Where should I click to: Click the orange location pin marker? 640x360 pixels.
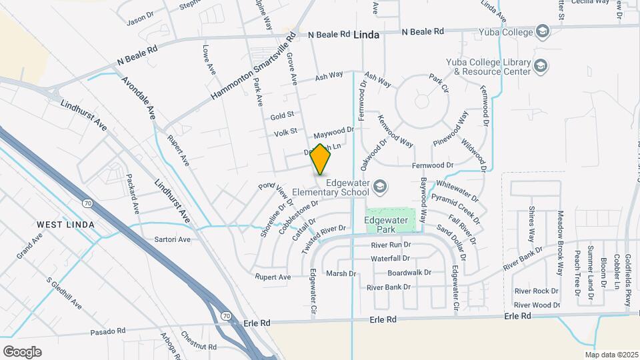click(x=321, y=159)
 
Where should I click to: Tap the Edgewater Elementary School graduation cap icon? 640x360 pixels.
click(x=379, y=185)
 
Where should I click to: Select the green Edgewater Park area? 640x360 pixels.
click(x=390, y=221)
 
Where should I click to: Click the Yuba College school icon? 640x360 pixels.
click(x=543, y=31)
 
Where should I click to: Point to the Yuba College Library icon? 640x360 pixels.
click(x=541, y=65)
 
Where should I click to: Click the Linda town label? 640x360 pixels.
click(x=366, y=34)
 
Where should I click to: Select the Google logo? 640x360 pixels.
click(x=22, y=351)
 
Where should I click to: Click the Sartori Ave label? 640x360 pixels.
click(x=172, y=239)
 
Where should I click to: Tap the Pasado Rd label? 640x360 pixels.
click(x=108, y=331)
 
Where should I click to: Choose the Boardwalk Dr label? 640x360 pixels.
click(x=409, y=273)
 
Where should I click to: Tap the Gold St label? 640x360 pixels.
click(x=282, y=116)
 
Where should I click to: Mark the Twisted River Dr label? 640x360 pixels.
click(x=324, y=238)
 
